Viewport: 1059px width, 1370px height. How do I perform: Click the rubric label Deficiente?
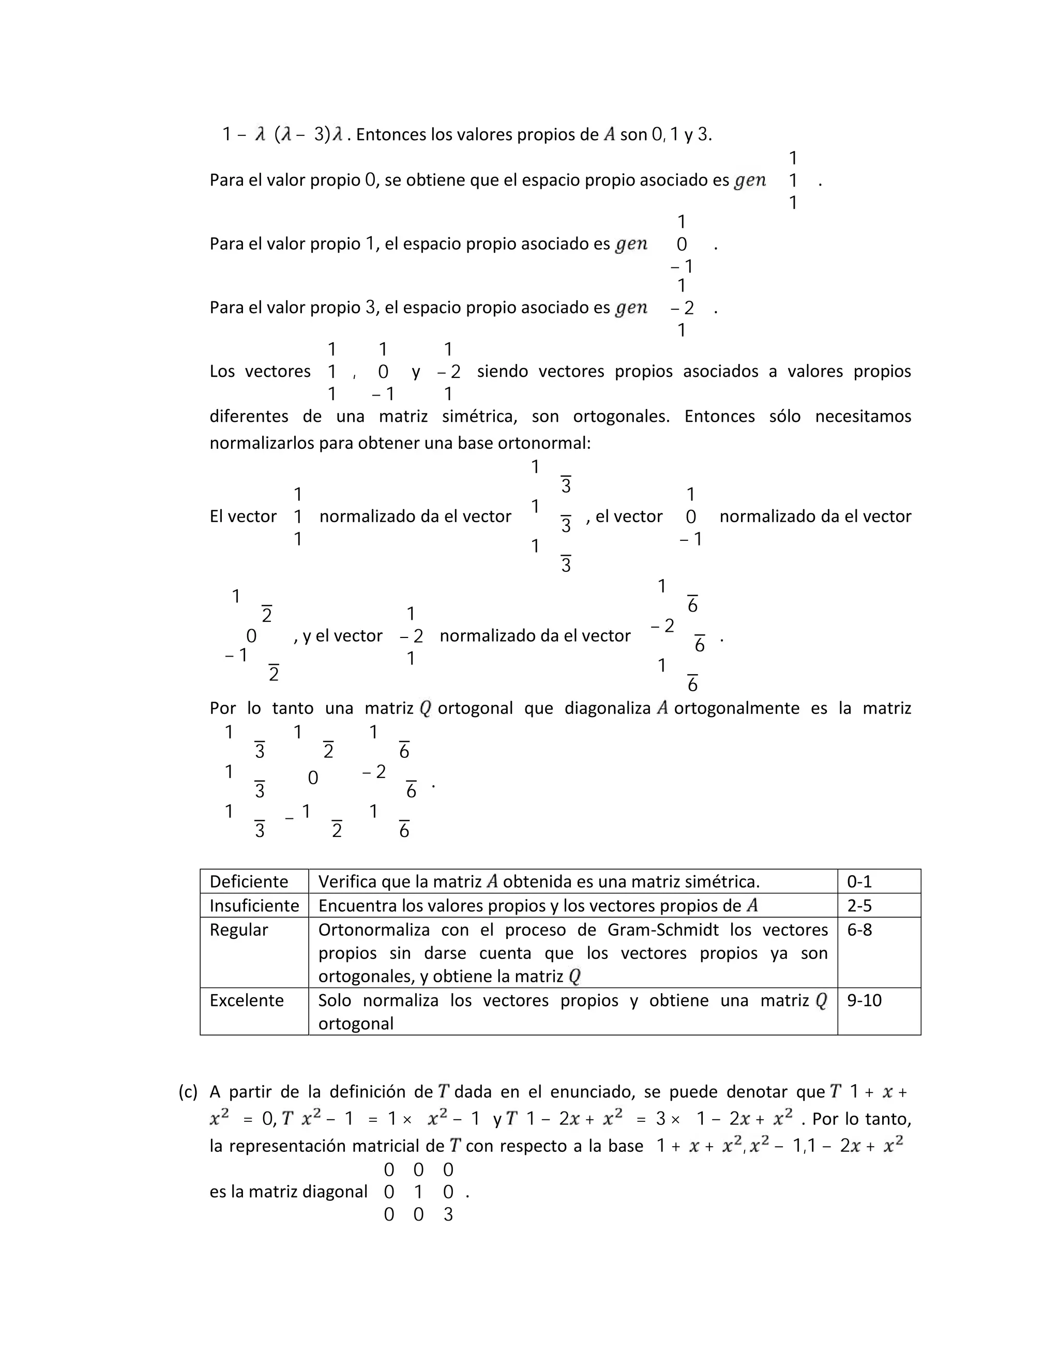coord(248,881)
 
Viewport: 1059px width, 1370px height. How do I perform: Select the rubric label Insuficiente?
coord(254,905)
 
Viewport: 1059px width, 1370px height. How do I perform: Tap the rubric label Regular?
coord(238,930)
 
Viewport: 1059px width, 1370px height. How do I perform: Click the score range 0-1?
coord(859,881)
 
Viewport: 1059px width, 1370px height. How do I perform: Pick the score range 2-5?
coord(859,905)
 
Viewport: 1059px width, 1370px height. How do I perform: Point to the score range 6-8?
coord(859,930)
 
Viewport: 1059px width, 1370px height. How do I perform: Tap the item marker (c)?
coord(188,1091)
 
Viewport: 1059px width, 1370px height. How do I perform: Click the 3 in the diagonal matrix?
coord(448,1214)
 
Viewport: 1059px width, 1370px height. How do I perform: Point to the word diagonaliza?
coord(607,708)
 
